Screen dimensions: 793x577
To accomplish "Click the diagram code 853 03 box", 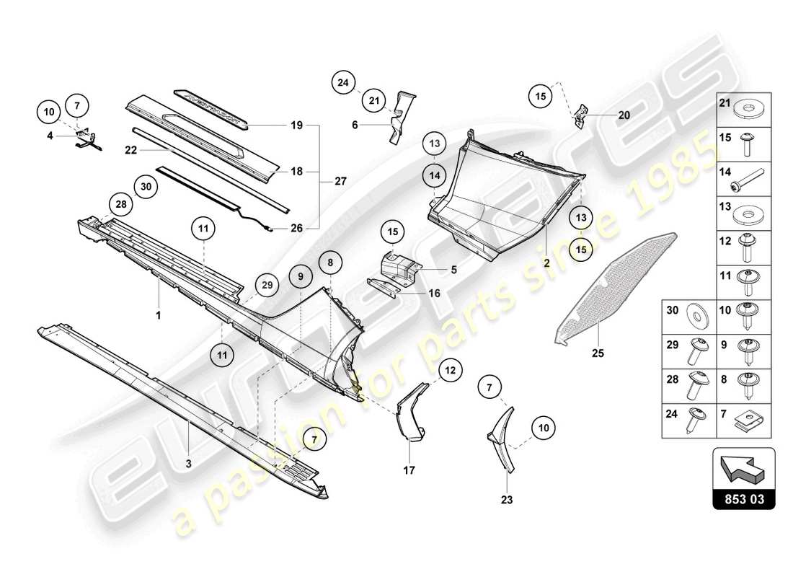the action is [x=743, y=498].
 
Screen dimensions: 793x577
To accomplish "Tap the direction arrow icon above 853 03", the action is [x=743, y=468].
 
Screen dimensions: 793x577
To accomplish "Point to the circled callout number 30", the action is [x=146, y=187].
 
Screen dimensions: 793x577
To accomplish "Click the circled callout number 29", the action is [x=267, y=286].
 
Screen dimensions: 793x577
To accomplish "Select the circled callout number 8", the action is [x=329, y=264].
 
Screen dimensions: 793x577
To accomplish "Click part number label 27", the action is [x=340, y=182].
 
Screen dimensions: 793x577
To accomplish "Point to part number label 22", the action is [x=130, y=151].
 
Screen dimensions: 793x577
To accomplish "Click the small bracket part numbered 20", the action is [x=581, y=114].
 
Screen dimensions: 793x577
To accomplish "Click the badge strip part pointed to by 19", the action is [x=213, y=108].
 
